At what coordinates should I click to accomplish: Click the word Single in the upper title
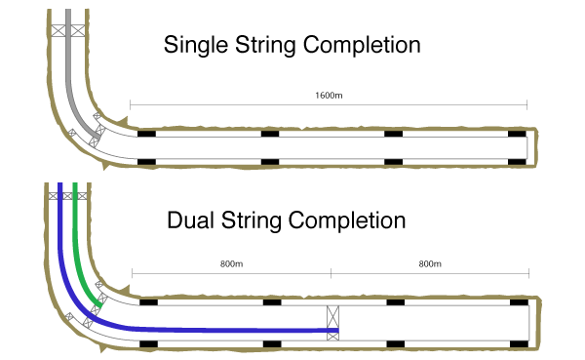coord(196,46)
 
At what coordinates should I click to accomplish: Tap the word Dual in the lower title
coord(190,220)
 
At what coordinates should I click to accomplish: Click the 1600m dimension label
coord(329,96)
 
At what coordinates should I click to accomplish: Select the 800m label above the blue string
coord(231,264)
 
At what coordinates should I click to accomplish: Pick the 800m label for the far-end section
coord(430,264)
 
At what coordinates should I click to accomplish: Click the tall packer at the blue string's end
coord(332,323)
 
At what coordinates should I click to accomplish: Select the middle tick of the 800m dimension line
coord(331,273)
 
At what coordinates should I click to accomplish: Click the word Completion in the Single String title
coord(362,46)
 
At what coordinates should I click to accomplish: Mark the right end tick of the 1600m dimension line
coord(526,105)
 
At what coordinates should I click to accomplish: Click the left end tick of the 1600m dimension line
coord(130,105)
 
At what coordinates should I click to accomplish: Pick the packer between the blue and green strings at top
coord(67,196)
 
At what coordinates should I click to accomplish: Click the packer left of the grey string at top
coord(58,30)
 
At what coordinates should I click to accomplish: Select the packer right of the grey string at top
coord(78,30)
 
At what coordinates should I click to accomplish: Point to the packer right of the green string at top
coord(82,196)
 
